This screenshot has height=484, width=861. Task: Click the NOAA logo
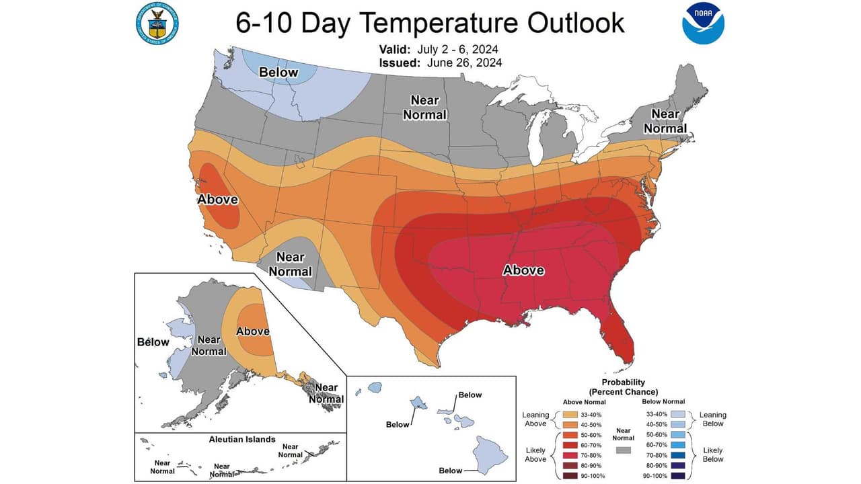pyautogui.click(x=703, y=24)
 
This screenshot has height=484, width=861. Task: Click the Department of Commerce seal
pyautogui.click(x=158, y=24)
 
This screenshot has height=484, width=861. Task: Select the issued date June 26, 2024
pyautogui.click(x=463, y=63)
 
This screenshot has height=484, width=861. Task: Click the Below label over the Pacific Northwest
pyautogui.click(x=279, y=72)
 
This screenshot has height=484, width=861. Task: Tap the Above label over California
pyautogui.click(x=217, y=199)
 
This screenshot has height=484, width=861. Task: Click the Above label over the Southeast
pyautogui.click(x=523, y=270)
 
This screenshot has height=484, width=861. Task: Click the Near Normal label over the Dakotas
pyautogui.click(x=424, y=108)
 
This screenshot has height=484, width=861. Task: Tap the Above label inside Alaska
pyautogui.click(x=253, y=331)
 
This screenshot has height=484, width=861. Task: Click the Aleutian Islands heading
pyautogui.click(x=241, y=439)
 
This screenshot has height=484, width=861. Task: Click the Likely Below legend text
pyautogui.click(x=713, y=454)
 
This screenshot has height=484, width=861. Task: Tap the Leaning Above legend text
pyautogui.click(x=535, y=419)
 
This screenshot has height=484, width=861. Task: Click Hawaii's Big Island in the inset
pyautogui.click(x=491, y=453)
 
